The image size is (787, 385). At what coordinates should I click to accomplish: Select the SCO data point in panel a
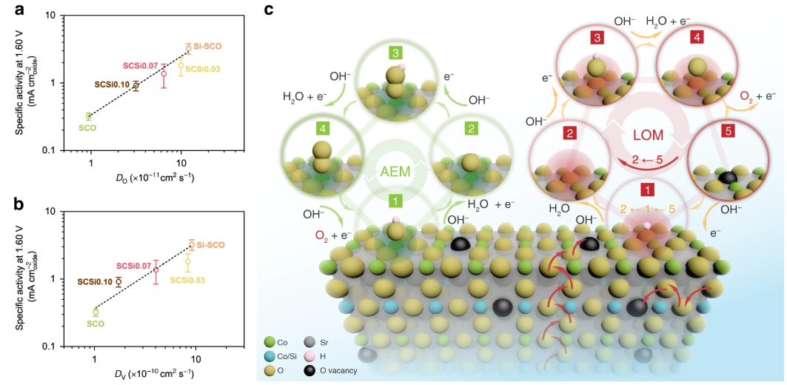tap(89, 115)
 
